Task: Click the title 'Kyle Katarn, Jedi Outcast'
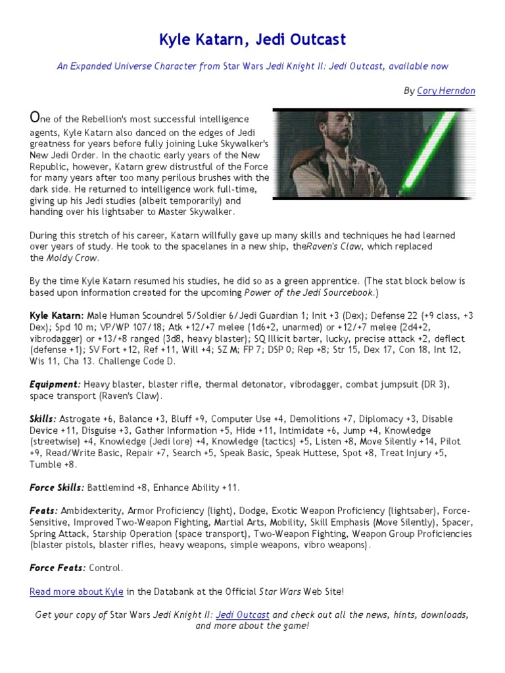point(252,40)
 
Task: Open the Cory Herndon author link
point(446,91)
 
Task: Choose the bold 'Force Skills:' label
point(57,488)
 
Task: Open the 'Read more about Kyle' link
point(76,592)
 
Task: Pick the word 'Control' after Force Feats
point(105,568)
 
